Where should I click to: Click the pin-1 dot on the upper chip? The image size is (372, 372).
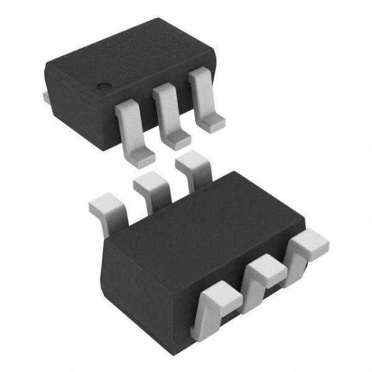point(105,86)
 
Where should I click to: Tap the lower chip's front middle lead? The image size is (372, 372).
point(263,276)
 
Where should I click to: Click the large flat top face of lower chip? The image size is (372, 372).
point(205,223)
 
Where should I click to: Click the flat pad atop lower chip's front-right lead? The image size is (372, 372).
point(310,241)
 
